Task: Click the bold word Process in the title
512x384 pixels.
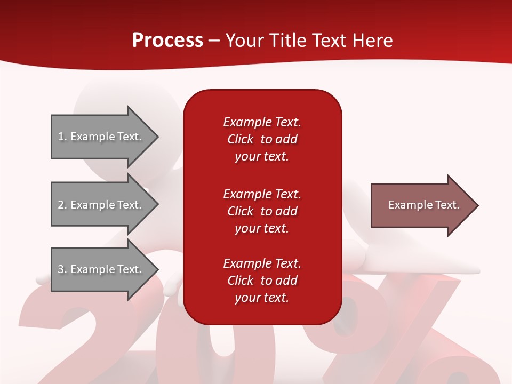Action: pyautogui.click(x=167, y=40)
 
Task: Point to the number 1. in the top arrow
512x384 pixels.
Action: pyautogui.click(x=62, y=137)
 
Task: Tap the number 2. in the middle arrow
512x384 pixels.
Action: pyautogui.click(x=62, y=205)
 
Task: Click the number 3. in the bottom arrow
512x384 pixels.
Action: pyautogui.click(x=62, y=269)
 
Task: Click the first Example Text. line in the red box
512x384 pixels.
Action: pyautogui.click(x=262, y=122)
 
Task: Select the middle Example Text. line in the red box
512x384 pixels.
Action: pyautogui.click(x=262, y=194)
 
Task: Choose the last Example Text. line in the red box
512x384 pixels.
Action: pyautogui.click(x=262, y=263)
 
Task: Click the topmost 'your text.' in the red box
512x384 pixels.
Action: pyautogui.click(x=262, y=157)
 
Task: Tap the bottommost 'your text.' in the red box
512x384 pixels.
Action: pyautogui.click(x=262, y=298)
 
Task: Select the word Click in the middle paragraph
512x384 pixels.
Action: pyautogui.click(x=240, y=211)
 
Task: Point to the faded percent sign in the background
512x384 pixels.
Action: pyautogui.click(x=405, y=331)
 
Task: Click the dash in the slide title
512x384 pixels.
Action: pyautogui.click(x=214, y=41)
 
